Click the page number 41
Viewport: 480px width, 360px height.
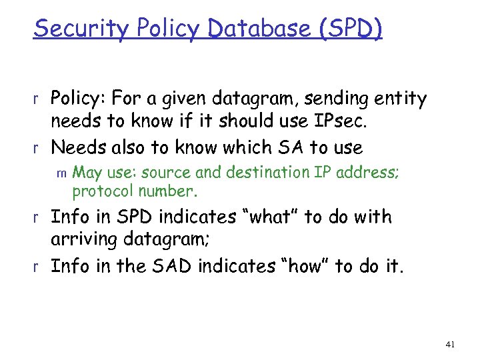pyautogui.click(x=449, y=344)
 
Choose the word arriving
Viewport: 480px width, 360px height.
pyautogui.click(x=85, y=239)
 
